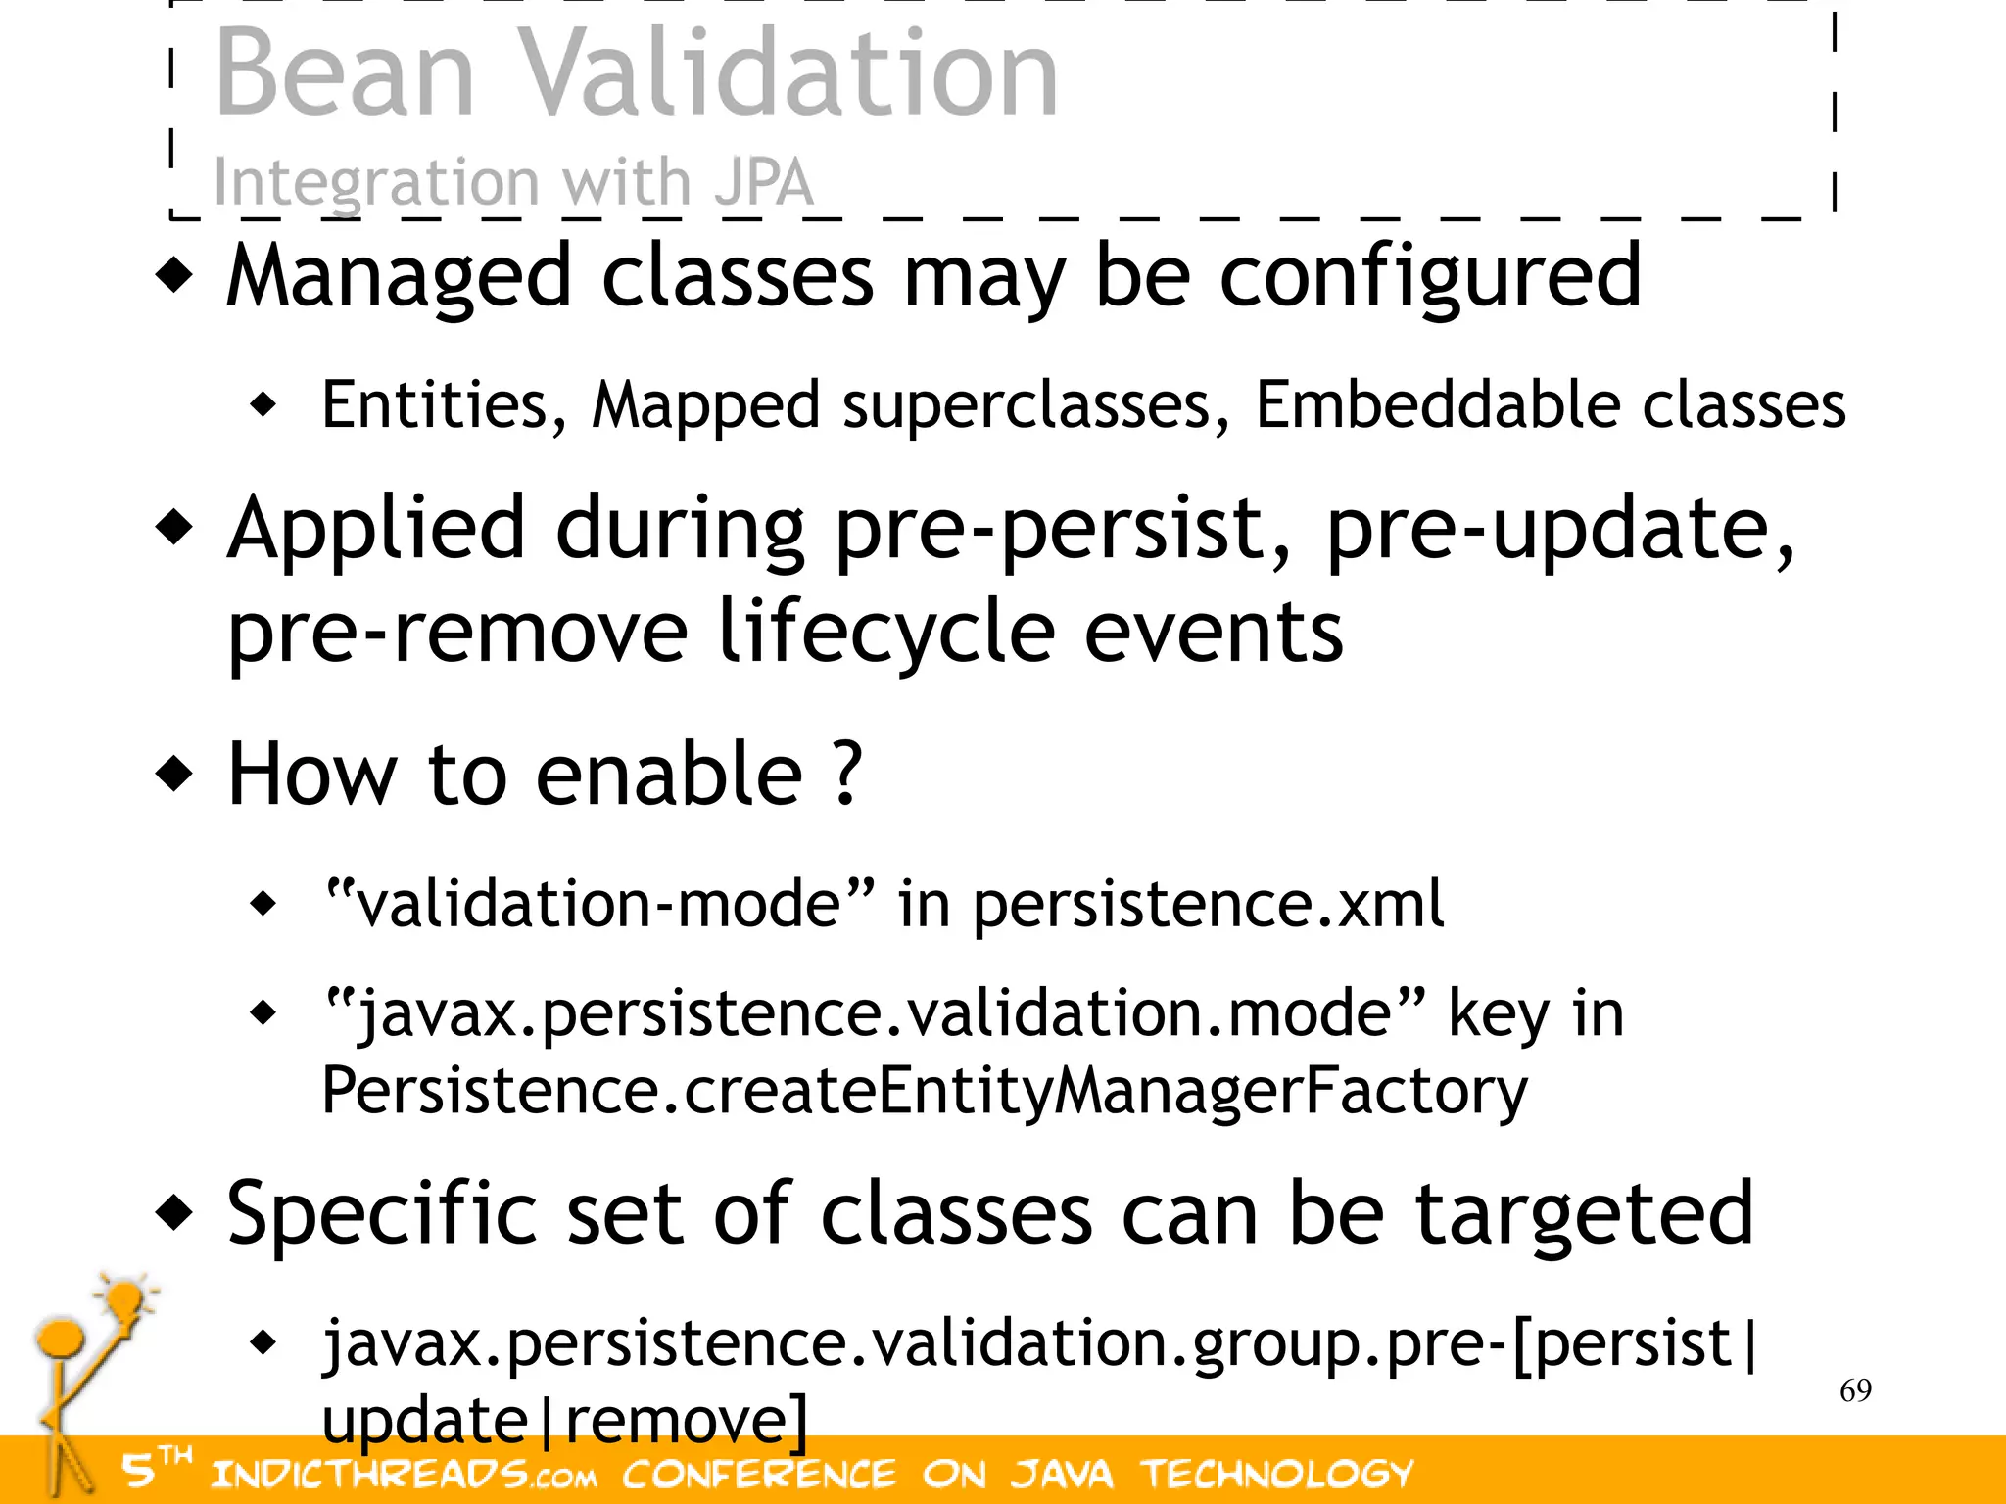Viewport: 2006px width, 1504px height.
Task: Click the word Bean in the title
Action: (345, 73)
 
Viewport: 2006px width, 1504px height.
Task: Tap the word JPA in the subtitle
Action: (764, 182)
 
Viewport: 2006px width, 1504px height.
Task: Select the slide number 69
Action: (1855, 1390)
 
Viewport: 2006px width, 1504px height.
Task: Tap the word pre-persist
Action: (1064, 530)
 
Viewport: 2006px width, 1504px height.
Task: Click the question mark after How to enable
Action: (848, 774)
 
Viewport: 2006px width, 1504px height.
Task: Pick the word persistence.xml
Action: (1208, 903)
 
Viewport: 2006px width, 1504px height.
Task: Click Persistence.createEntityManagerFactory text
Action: (924, 1090)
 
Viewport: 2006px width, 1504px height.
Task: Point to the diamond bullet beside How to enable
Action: (175, 774)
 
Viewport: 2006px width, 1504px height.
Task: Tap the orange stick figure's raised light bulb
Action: (125, 1301)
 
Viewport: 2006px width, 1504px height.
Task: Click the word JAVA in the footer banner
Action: (1062, 1474)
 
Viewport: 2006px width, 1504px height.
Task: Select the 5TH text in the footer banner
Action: (155, 1466)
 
